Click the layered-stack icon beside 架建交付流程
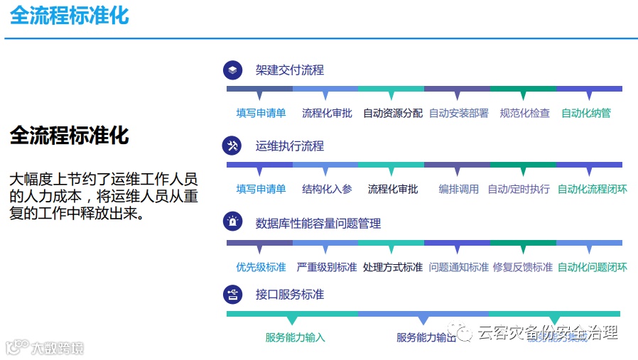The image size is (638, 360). point(233,70)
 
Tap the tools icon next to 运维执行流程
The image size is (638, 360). point(233,146)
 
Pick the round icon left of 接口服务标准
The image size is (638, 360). point(233,294)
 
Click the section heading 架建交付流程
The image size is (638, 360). point(290,70)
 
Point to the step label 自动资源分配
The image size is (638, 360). point(393,113)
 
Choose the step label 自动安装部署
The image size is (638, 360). point(459,113)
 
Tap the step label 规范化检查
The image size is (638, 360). point(525,113)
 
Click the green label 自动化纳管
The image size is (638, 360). point(586,113)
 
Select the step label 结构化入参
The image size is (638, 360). point(327,189)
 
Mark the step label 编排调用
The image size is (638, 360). point(459,189)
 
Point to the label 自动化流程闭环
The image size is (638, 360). point(593,189)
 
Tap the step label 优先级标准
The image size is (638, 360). point(261,267)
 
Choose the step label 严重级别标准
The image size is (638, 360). point(327,267)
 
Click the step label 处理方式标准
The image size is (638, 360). point(393,267)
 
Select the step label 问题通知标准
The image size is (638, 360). point(459,267)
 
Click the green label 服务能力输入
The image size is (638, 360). point(295,337)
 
